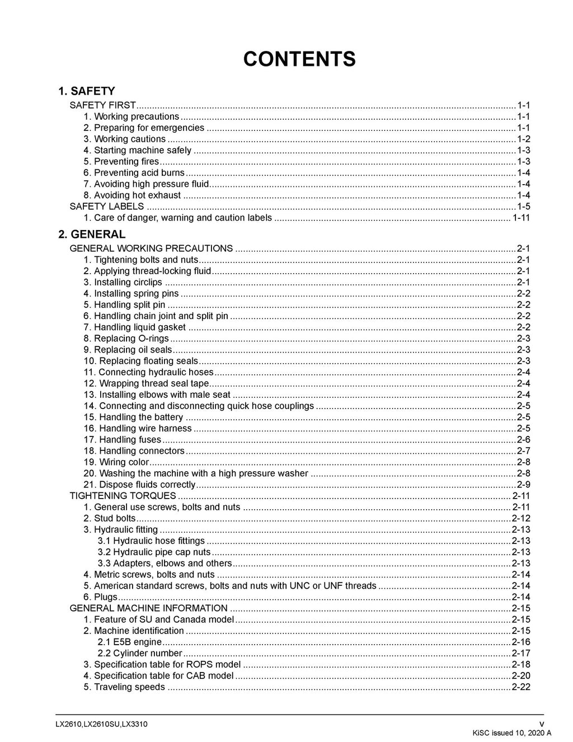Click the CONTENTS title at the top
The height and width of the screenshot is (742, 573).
(299, 59)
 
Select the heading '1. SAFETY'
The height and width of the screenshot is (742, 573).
(87, 91)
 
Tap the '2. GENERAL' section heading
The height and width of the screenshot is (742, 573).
(92, 234)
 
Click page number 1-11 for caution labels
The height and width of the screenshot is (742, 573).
(521, 218)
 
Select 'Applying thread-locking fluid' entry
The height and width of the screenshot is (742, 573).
(147, 271)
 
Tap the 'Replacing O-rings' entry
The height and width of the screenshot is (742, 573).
(126, 339)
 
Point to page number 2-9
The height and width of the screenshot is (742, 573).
(523, 485)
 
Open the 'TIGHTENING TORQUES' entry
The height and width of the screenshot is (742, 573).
(123, 496)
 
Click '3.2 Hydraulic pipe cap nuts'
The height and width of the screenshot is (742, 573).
(154, 552)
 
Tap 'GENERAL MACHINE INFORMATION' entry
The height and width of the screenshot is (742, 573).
(148, 608)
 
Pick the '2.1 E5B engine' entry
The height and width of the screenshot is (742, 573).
(129, 642)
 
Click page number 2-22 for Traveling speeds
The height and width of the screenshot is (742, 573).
(521, 687)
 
